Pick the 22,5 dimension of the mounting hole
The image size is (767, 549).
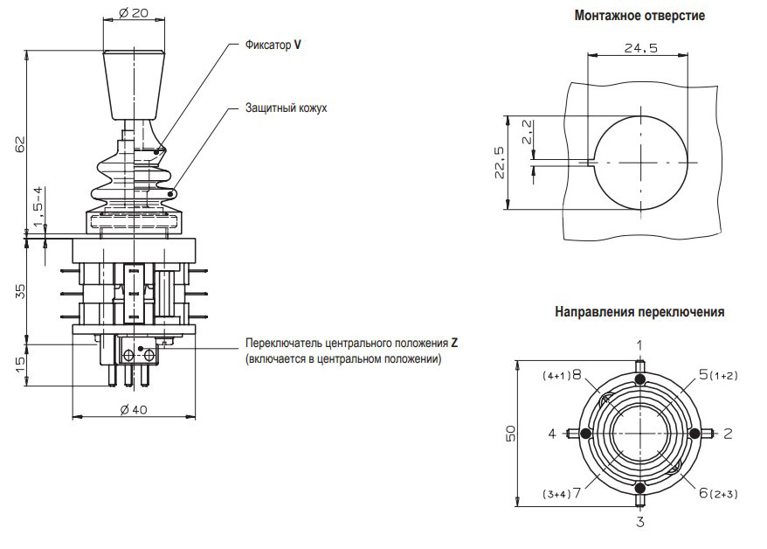coord(499,163)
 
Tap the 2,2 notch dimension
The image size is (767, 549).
coord(527,132)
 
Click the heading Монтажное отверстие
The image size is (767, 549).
coord(639,16)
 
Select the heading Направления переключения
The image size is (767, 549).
coord(639,312)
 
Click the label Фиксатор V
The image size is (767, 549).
coord(273,44)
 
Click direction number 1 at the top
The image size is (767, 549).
coord(639,345)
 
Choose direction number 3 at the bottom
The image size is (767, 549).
coord(639,522)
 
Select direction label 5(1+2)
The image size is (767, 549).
coord(718,375)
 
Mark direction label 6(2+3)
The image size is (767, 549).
coord(719,493)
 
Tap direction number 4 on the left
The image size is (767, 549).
coord(552,434)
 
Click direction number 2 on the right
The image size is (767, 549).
coord(728,434)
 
